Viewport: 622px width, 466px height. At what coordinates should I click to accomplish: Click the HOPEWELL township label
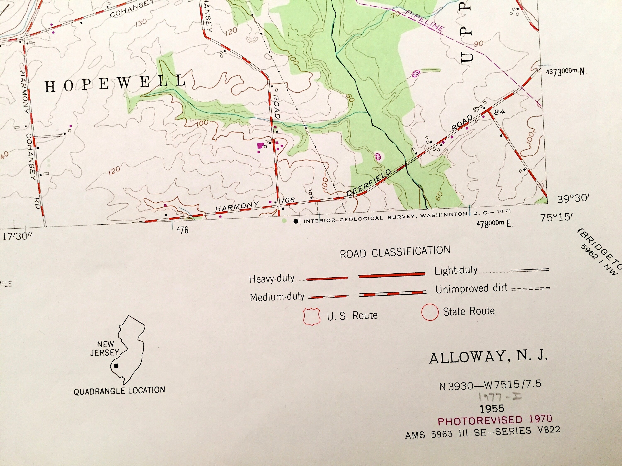(115, 83)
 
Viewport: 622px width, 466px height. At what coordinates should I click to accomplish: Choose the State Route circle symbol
(430, 312)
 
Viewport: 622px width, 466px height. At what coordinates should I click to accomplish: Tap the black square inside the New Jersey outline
(116, 366)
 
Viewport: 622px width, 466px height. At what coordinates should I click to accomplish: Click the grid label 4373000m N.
(566, 72)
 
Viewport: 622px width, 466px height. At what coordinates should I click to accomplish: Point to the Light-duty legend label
(456, 270)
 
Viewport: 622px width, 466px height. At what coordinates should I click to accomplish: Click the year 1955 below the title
(492, 408)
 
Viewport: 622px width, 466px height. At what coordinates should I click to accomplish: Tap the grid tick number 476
(182, 230)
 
